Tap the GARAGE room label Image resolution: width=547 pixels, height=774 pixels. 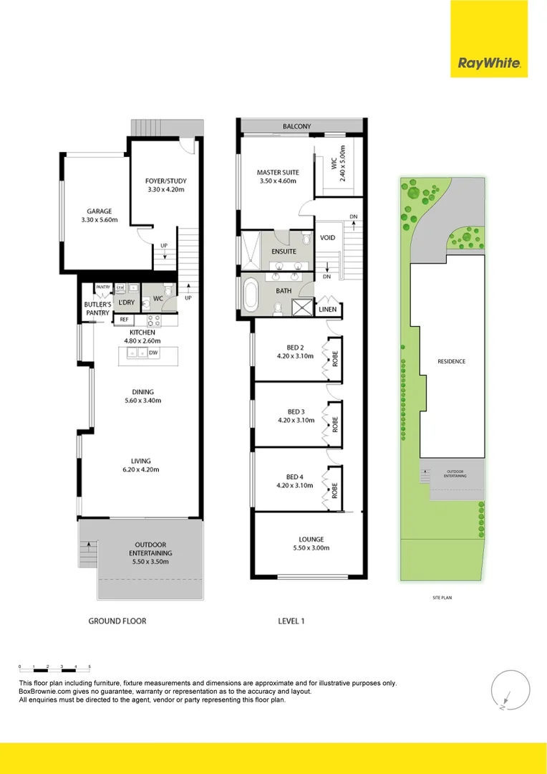[100, 211]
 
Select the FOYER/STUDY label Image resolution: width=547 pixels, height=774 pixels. [161, 181]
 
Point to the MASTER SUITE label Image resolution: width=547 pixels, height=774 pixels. [278, 173]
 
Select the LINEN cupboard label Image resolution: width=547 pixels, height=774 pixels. [328, 310]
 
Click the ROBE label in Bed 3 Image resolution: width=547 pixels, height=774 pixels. [334, 422]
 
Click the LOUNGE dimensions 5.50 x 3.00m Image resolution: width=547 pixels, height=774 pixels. [311, 548]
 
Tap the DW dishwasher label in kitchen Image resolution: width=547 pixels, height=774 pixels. [154, 353]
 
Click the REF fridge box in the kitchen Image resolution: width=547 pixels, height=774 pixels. [124, 320]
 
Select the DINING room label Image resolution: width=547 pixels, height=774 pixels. [142, 392]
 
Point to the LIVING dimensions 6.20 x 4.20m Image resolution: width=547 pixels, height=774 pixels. [140, 470]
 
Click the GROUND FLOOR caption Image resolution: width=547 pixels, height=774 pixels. [117, 621]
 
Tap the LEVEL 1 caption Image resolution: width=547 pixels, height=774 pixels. [291, 621]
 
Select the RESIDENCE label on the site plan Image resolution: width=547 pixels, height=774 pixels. [451, 361]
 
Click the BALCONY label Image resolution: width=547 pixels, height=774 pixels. [296, 127]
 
